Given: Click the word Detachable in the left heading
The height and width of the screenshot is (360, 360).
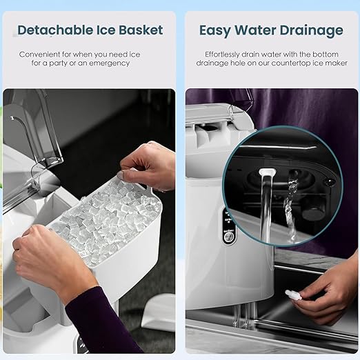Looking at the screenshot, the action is click(x=55, y=30).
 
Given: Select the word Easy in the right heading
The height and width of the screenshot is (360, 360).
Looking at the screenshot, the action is click(x=214, y=30).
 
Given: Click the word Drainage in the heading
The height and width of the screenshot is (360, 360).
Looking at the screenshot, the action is click(x=311, y=30).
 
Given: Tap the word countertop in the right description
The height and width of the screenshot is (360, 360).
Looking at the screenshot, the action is click(x=290, y=63).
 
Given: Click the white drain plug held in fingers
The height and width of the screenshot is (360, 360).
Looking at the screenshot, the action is click(x=293, y=294).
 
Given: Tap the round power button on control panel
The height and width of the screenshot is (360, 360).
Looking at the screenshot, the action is click(x=228, y=237).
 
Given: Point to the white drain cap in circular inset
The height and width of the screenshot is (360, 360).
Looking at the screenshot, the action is click(x=267, y=172).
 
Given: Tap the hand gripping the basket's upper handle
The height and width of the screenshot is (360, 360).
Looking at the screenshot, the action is click(x=147, y=166).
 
